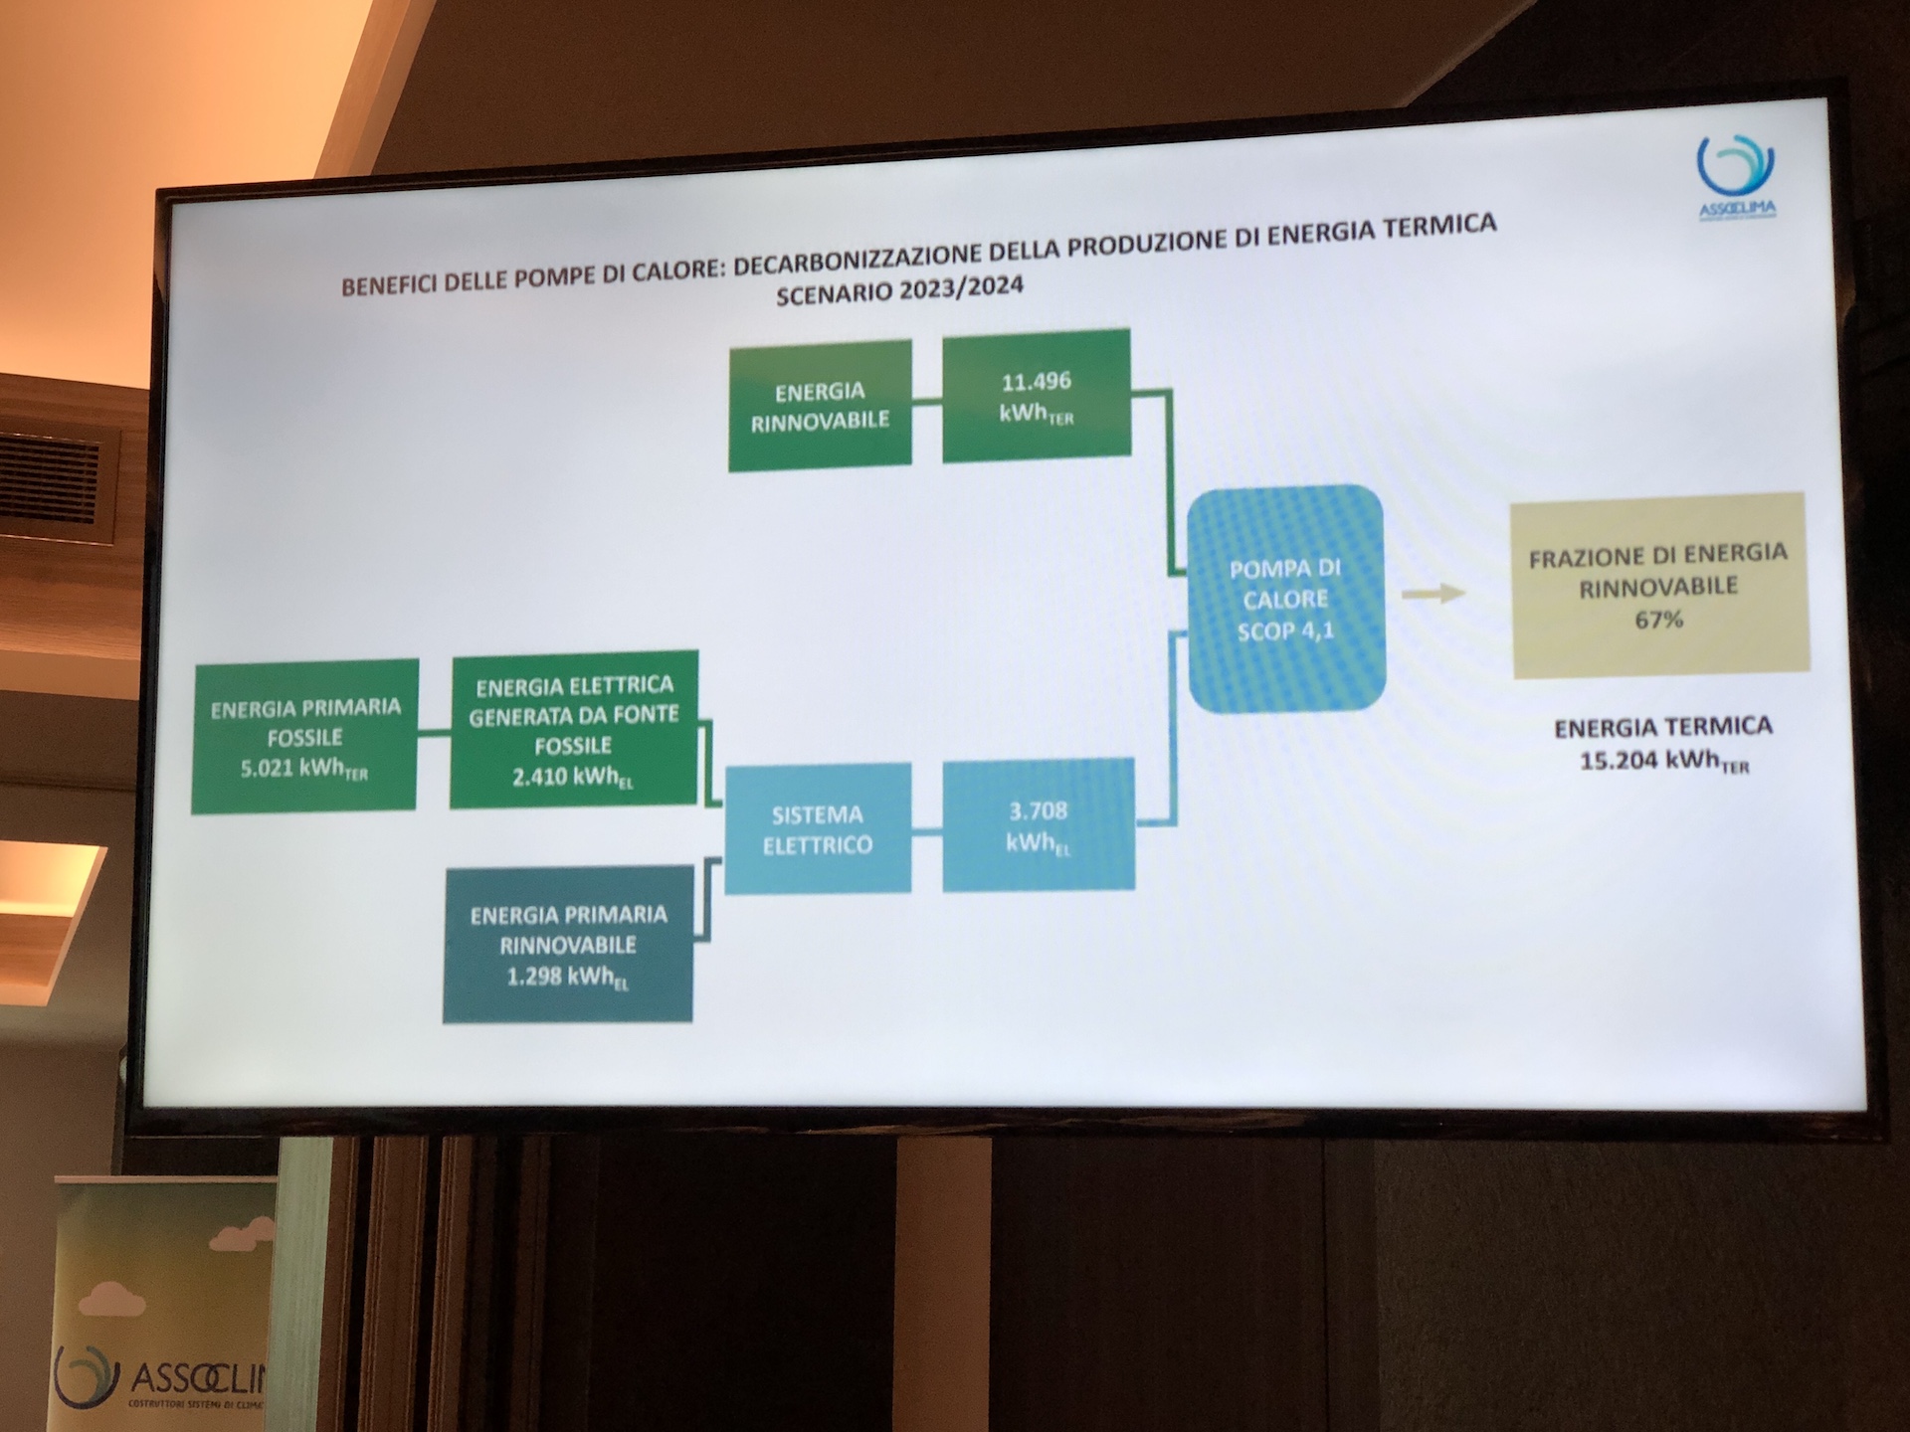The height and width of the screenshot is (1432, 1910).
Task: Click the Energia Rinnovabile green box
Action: (x=820, y=405)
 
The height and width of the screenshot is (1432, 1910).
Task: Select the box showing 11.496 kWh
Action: (x=1036, y=396)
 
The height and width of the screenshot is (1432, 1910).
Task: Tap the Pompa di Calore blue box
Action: (x=1285, y=599)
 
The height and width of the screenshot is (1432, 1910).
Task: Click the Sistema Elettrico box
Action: (x=817, y=829)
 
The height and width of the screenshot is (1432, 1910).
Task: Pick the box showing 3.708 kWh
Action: (x=1038, y=824)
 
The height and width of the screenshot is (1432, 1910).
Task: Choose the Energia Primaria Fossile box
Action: (x=304, y=736)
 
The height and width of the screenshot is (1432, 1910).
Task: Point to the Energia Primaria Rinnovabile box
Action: (x=568, y=944)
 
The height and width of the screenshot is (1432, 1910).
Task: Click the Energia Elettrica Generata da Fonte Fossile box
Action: (x=574, y=729)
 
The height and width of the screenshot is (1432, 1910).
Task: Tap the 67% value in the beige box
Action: (x=1658, y=620)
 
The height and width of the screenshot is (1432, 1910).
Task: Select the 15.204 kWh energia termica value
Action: (x=1663, y=762)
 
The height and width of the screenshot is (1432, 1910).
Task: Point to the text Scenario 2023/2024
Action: (x=900, y=291)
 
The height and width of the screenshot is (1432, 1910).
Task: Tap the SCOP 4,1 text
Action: (x=1285, y=630)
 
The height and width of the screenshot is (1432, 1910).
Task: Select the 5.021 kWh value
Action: (x=303, y=769)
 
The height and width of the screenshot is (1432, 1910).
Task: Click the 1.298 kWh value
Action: (x=567, y=978)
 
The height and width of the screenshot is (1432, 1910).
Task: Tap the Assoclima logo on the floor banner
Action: (x=159, y=1378)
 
